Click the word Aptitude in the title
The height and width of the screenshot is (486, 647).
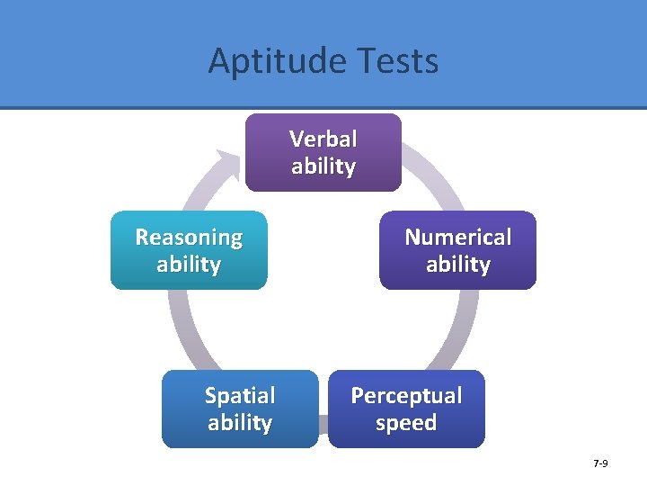[x=269, y=61]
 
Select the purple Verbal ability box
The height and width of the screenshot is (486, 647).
[x=323, y=152]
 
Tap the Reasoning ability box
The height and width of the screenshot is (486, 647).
[x=189, y=250]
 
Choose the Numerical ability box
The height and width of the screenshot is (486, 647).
[x=457, y=250]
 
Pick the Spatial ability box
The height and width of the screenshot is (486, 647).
[x=240, y=409]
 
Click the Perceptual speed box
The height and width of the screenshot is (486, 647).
[x=406, y=409]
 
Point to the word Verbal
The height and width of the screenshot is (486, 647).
[x=323, y=139]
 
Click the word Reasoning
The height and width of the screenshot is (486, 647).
[x=189, y=238]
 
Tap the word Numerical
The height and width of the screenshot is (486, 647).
[x=457, y=238]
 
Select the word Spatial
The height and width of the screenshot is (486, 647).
[x=240, y=396]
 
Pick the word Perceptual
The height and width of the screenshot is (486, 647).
[x=406, y=396]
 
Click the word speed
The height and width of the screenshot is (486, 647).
[x=406, y=423]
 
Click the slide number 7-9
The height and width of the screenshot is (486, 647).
[x=600, y=463]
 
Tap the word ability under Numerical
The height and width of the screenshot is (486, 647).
[x=457, y=265]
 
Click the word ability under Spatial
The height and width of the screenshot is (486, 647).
[x=240, y=423]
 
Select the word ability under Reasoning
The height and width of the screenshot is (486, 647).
[x=189, y=265]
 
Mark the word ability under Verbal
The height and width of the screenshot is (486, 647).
[x=323, y=166]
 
